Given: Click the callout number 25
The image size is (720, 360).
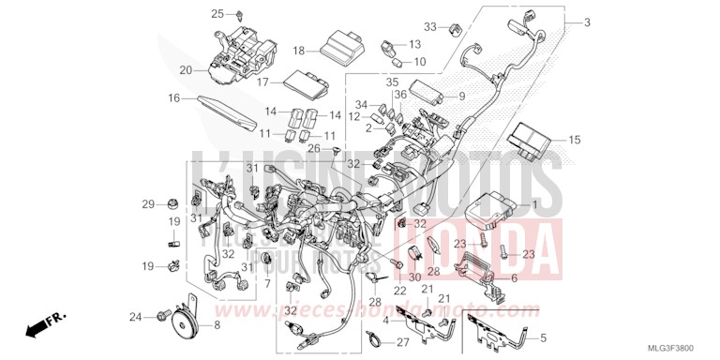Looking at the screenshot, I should pos(217,14).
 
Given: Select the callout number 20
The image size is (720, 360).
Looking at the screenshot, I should pos(186,70).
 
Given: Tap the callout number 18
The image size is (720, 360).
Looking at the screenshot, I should pos(298,51).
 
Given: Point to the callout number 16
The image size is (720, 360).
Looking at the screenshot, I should pos(174,97).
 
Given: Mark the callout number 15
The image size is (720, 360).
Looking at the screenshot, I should pos(574,140).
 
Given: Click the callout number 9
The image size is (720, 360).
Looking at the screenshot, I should pos(461,97).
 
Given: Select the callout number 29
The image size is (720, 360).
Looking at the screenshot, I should pos(147,204).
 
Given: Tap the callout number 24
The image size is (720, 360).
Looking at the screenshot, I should pos(135,317).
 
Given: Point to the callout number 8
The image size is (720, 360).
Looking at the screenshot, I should pos(217,325).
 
